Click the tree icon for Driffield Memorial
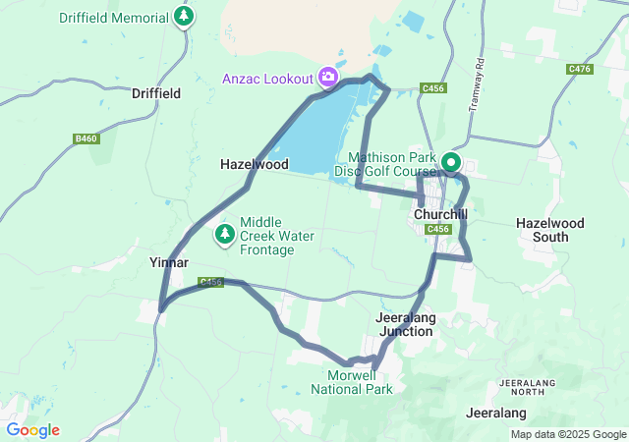point(183,17)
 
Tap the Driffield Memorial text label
point(114,18)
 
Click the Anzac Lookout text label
point(267,79)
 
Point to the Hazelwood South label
point(549,230)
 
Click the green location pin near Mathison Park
point(452,162)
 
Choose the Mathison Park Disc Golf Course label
point(390,164)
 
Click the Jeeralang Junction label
point(405,325)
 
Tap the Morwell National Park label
point(352,382)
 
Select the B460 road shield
point(86,139)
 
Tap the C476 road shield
point(579,69)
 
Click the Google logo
point(32,430)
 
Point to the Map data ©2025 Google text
point(568,434)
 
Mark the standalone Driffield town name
point(155,93)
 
